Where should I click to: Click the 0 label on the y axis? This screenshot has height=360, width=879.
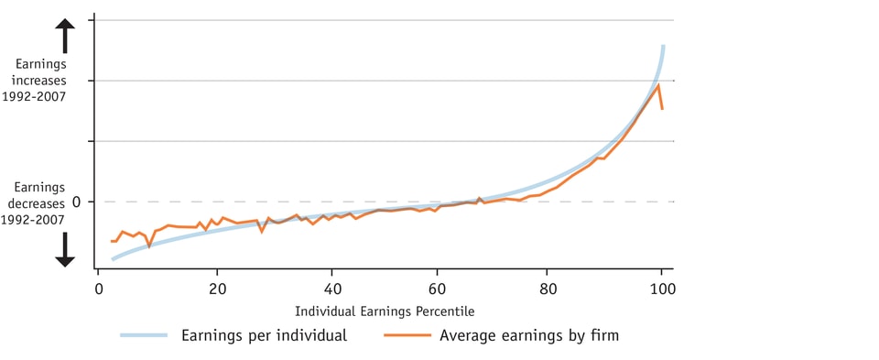pos(77,202)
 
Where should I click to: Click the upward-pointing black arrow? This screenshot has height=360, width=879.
pos(65,37)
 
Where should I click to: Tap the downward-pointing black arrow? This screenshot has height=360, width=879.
pos(65,249)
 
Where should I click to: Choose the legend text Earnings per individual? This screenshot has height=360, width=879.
pos(264,335)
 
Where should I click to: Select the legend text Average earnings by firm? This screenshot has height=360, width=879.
pos(529,335)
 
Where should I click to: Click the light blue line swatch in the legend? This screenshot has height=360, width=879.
pos(144,335)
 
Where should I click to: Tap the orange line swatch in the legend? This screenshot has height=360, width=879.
pos(404,335)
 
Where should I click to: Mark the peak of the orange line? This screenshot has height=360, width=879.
pos(658,85)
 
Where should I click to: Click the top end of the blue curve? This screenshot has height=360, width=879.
pos(662,46)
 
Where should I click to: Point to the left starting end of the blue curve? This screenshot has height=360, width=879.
pos(113,259)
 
